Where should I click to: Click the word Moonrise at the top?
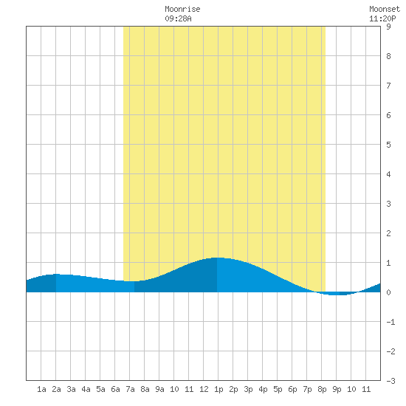coord(182,9)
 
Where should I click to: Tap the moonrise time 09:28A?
coord(178,18)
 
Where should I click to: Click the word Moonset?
coord(385,9)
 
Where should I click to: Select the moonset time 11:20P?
coord(382,18)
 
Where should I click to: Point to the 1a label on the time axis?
coord(41,389)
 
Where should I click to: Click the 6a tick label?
coord(115,389)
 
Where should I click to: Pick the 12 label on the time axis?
coord(204,389)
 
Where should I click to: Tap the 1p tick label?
coord(219,390)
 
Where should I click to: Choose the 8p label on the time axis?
coord(322,390)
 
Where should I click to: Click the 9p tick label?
coord(337,390)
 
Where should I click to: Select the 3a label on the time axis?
coord(71,389)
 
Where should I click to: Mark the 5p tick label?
coord(278,390)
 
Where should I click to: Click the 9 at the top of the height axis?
coord(388,27)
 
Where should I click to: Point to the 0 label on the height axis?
coord(388,292)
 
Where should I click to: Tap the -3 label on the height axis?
coord(390,381)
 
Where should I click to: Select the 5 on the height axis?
coord(388,145)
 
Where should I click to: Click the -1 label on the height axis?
coord(390,322)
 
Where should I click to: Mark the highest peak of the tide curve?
coord(217,258)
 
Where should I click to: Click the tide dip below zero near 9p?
coord(337,295)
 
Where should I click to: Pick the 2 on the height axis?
coord(388,233)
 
